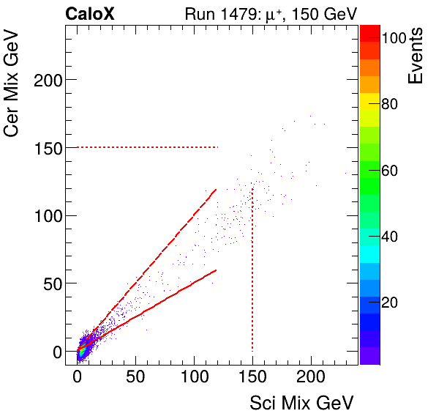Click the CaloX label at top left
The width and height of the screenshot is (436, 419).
(x=89, y=13)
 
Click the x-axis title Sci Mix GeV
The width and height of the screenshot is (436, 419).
(x=301, y=403)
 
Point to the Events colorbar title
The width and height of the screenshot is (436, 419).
(x=417, y=56)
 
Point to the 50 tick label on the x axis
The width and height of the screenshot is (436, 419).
(x=135, y=377)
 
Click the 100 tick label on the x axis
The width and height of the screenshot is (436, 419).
(x=194, y=377)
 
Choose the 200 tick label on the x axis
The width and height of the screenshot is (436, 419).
(x=311, y=377)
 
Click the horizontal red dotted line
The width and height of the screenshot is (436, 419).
(x=146, y=147)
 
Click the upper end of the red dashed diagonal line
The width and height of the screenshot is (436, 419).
(x=215, y=190)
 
